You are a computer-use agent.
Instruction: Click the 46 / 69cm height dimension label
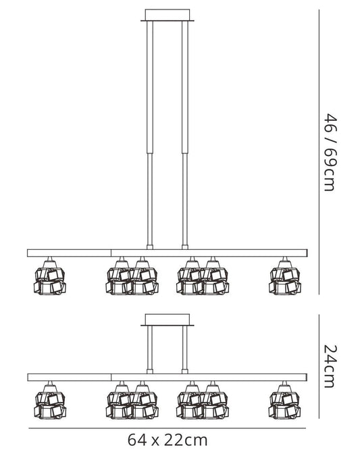pyautogui.click(x=330, y=152)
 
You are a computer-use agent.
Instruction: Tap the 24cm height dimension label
pyautogui.click(x=330, y=366)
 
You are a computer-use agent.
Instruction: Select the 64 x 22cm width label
pyautogui.click(x=168, y=440)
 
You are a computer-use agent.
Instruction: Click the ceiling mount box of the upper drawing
pyautogui.click(x=168, y=15)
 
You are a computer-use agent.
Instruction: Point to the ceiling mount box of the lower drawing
pyautogui.click(x=168, y=320)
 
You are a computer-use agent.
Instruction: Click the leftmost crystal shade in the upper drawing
pyautogui.click(x=50, y=277)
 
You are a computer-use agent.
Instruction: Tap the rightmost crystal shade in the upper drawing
pyautogui.click(x=284, y=277)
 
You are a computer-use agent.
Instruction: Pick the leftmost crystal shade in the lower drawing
pyautogui.click(x=50, y=401)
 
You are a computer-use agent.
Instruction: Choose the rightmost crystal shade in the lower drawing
pyautogui.click(x=284, y=401)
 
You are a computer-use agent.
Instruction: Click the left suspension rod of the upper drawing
pyautogui.click(x=150, y=135)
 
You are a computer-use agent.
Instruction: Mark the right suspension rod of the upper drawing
pyautogui.click(x=185, y=135)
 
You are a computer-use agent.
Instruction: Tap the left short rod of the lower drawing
pyautogui.click(x=150, y=350)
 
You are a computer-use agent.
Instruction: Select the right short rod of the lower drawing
pyautogui.click(x=185, y=350)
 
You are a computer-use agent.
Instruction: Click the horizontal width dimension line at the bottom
pyautogui.click(x=168, y=428)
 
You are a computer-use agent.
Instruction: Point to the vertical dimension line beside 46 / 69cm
pyautogui.click(x=319, y=152)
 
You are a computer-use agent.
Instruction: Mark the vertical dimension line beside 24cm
pyautogui.click(x=319, y=366)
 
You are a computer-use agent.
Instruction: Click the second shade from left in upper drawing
pyautogui.click(x=120, y=277)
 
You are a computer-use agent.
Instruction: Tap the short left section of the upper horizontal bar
pyautogui.click(x=69, y=253)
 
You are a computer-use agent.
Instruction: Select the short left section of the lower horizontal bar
pyautogui.click(x=70, y=377)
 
